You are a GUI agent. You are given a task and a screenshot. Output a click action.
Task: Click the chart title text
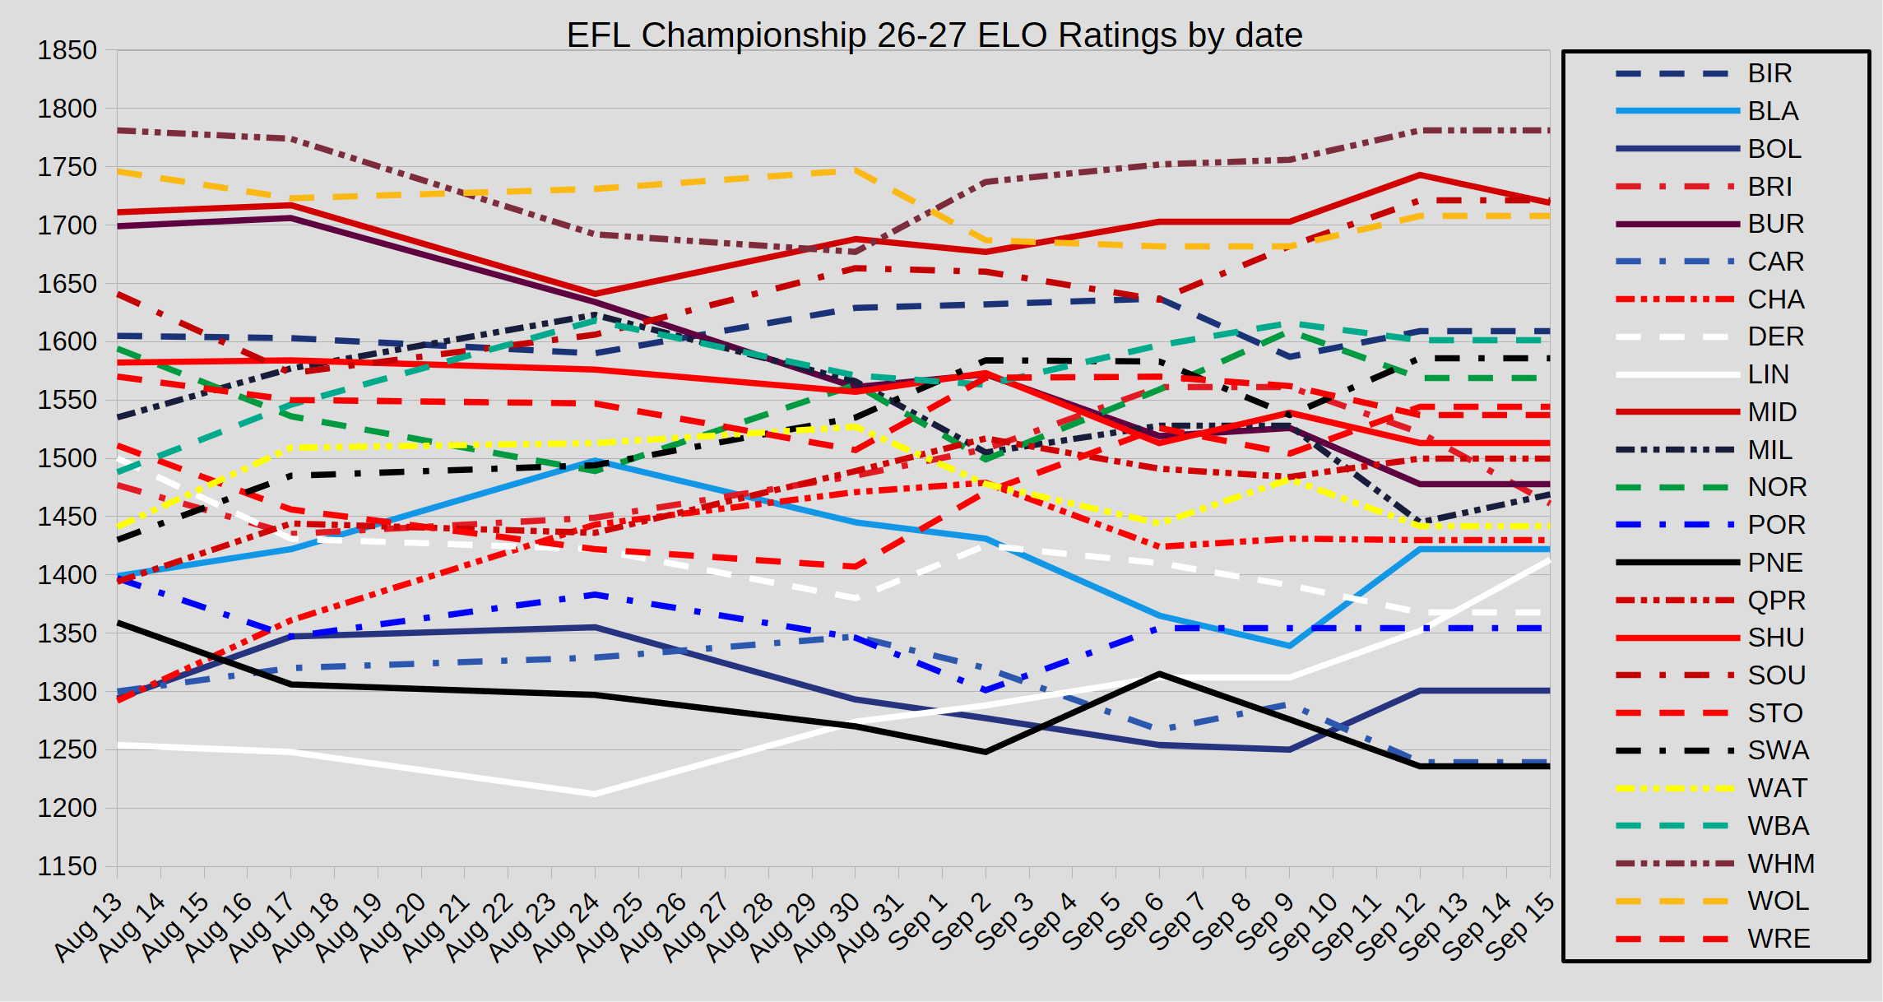[935, 35]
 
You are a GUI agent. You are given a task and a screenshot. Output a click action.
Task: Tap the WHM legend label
[1781, 864]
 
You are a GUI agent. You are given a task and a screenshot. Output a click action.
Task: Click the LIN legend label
[1769, 374]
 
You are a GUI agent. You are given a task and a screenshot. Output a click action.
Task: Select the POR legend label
[1777, 525]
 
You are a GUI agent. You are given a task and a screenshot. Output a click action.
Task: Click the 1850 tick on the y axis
[67, 50]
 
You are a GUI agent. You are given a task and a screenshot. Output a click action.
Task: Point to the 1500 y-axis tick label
[67, 458]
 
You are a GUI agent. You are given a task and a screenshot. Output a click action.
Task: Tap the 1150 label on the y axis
[67, 866]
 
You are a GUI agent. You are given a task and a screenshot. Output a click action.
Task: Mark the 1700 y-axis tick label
[67, 225]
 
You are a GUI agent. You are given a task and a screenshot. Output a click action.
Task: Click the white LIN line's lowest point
[595, 794]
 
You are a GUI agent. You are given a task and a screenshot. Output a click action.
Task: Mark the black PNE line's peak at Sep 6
[1160, 674]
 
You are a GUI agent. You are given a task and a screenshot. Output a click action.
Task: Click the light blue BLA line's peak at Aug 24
[595, 461]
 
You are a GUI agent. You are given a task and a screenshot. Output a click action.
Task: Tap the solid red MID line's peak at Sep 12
[1420, 175]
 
